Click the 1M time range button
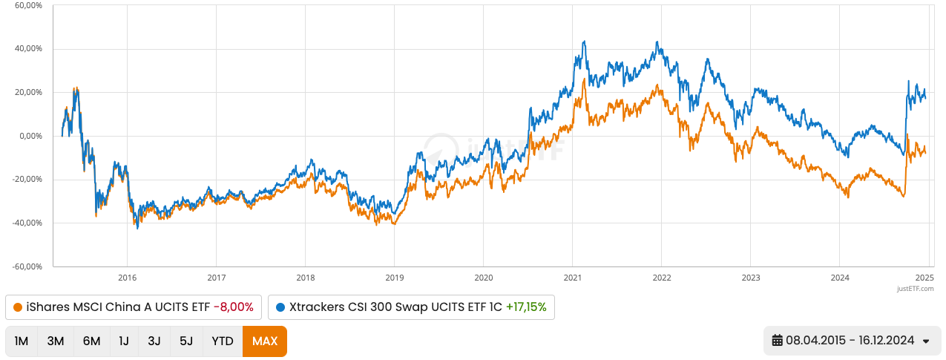coord(22,341)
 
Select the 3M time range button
coord(56,341)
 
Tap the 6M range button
coord(91,341)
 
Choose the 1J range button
coord(124,341)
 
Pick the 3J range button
coord(154,341)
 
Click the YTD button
coord(223,341)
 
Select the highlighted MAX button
coord(265,341)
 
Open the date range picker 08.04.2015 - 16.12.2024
coord(851,341)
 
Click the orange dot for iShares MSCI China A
coord(18,307)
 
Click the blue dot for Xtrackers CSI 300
coord(280,307)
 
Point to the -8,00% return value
coord(233,307)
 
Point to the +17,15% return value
coord(526,307)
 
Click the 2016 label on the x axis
coord(127,278)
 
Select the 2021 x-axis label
coord(572,278)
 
